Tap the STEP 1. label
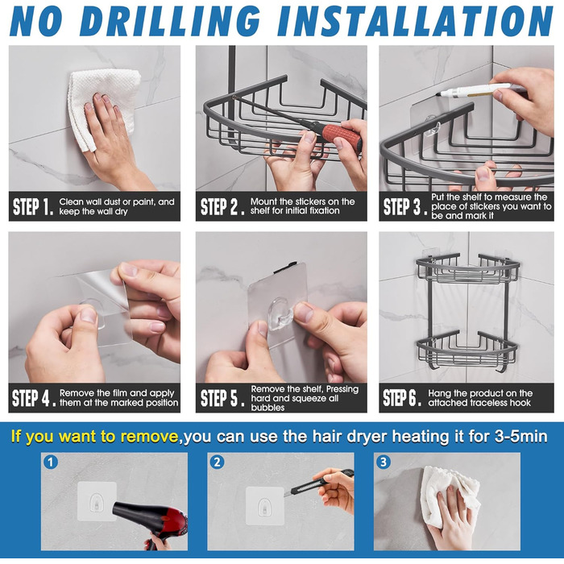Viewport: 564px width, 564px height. (x=33, y=207)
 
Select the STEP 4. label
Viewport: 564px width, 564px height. (x=34, y=398)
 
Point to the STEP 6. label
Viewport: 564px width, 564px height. (x=402, y=398)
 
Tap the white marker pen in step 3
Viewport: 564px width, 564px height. (x=474, y=89)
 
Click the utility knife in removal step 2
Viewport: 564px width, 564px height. (x=319, y=483)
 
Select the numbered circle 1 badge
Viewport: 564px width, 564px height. (x=50, y=462)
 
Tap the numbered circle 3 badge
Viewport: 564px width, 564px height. (x=383, y=462)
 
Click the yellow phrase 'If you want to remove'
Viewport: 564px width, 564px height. (x=94, y=437)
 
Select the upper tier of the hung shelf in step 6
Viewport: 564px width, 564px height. (x=468, y=269)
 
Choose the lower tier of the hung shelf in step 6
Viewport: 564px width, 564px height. (x=467, y=350)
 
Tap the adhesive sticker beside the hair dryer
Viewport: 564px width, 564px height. (x=97, y=501)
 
